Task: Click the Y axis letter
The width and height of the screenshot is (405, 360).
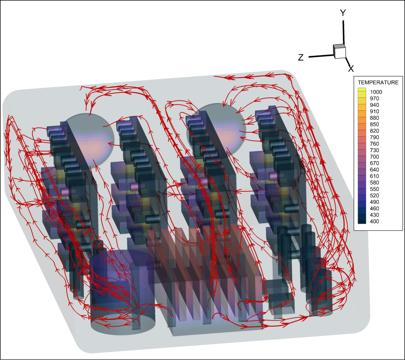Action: pyautogui.click(x=343, y=13)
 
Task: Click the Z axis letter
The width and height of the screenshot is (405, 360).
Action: pyautogui.click(x=301, y=57)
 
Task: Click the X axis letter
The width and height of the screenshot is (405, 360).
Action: pyautogui.click(x=351, y=68)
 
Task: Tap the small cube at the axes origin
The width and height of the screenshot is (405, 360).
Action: pyautogui.click(x=339, y=51)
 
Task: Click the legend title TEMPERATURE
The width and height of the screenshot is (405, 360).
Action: pyautogui.click(x=378, y=82)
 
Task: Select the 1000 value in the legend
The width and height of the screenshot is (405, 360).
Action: pyautogui.click(x=376, y=92)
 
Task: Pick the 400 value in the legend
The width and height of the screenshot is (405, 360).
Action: pyautogui.click(x=374, y=221)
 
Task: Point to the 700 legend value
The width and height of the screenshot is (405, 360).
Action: pyautogui.click(x=374, y=157)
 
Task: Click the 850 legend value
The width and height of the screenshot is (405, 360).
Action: pyautogui.click(x=374, y=124)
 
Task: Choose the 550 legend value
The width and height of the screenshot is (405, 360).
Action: pyautogui.click(x=374, y=189)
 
